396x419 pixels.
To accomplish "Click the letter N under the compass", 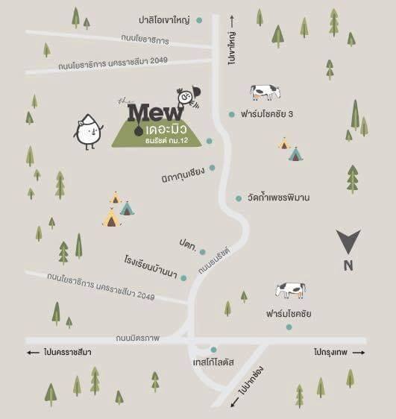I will point(348,265).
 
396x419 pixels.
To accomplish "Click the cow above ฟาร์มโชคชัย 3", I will point(265,92).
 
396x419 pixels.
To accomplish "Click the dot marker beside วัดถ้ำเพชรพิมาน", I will point(238,198).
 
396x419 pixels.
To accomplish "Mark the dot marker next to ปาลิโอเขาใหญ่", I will point(199,21).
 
